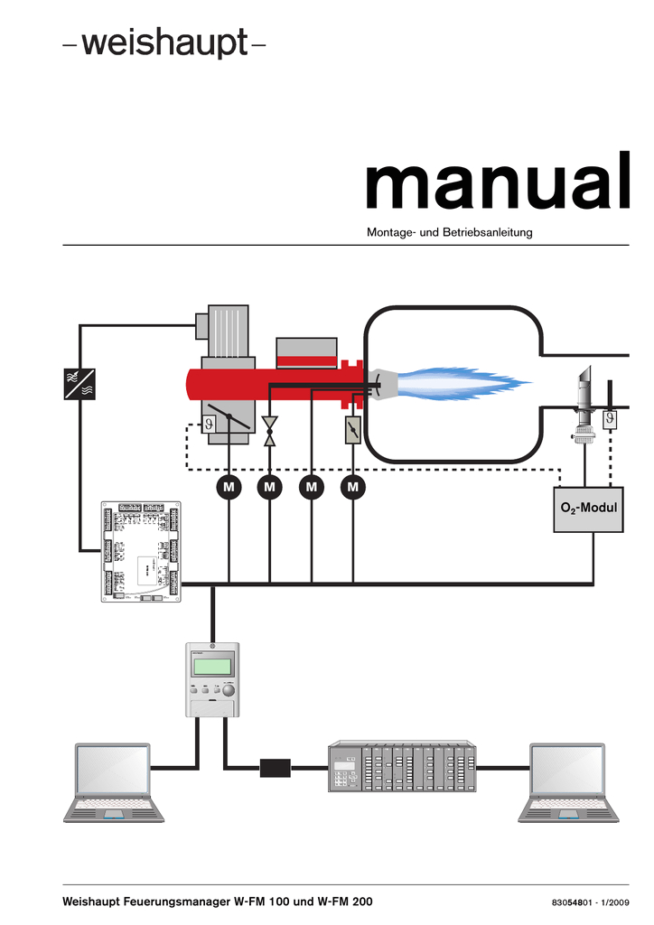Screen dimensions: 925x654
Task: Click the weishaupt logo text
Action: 163,44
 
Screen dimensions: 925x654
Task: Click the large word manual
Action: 496,187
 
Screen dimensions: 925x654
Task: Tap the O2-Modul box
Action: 588,508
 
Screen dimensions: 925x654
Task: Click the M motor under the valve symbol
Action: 269,488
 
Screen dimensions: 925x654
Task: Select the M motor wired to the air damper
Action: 229,488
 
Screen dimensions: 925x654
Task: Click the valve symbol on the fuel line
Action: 269,432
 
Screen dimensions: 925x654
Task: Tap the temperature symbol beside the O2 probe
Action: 612,418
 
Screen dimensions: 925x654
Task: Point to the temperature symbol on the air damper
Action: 210,421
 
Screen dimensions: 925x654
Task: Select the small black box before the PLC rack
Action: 275,769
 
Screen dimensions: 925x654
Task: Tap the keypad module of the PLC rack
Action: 344,770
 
